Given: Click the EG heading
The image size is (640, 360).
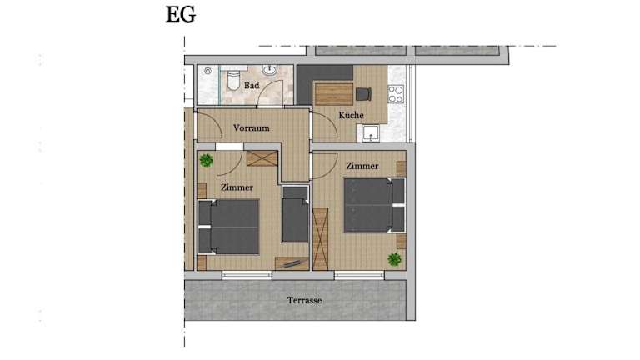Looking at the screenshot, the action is pyautogui.click(x=181, y=15).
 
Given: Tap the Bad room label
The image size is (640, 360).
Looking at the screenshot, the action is pyautogui.click(x=252, y=86).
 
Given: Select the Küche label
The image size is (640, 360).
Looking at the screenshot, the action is pyautogui.click(x=351, y=116).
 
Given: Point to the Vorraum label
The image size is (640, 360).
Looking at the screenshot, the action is pyautogui.click(x=252, y=128).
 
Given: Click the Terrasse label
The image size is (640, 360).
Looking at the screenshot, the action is pyautogui.click(x=304, y=300).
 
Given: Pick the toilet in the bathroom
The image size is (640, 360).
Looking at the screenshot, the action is pyautogui.click(x=234, y=80).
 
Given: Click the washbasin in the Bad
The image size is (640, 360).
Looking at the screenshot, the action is pyautogui.click(x=270, y=70).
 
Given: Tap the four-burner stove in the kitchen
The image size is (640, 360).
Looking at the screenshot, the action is pyautogui.click(x=396, y=94).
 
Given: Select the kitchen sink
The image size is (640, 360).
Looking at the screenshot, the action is pyautogui.click(x=371, y=133).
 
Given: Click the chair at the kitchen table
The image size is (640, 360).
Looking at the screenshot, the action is pyautogui.click(x=363, y=94).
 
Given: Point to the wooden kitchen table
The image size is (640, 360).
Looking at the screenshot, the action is pyautogui.click(x=334, y=94).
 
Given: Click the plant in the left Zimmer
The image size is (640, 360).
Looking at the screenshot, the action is pyautogui.click(x=206, y=160).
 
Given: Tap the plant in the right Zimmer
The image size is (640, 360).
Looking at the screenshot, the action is pyautogui.click(x=394, y=259).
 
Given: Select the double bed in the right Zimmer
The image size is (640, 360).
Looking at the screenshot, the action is pyautogui.click(x=374, y=205).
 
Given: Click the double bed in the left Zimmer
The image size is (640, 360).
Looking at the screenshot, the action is pyautogui.click(x=228, y=227).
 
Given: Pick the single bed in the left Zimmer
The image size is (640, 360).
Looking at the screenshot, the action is pyautogui.click(x=295, y=214).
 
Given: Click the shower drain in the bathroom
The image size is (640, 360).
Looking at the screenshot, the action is pyautogui.click(x=207, y=71).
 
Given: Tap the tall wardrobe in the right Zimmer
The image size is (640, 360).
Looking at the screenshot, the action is pyautogui.click(x=320, y=239).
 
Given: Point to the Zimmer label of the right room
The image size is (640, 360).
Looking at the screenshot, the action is pyautogui.click(x=362, y=166).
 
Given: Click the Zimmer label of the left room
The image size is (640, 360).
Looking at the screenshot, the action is pyautogui.click(x=237, y=187).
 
